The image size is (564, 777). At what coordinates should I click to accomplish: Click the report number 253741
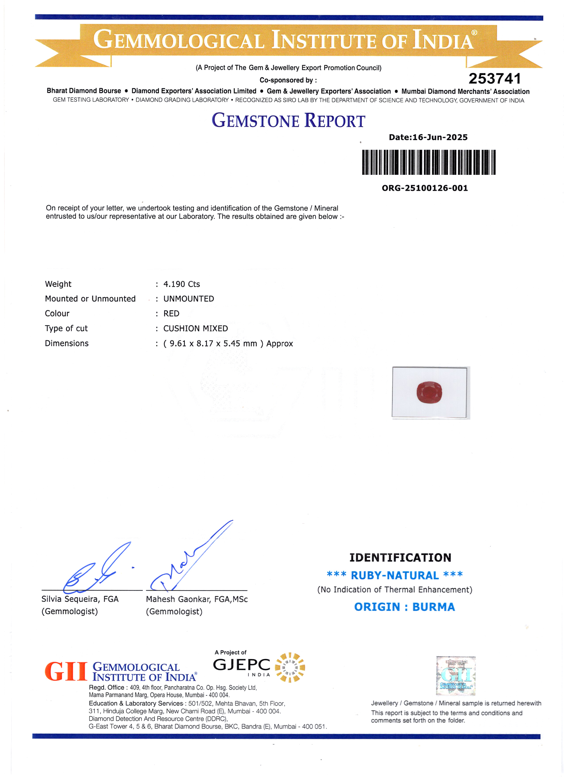[495, 79]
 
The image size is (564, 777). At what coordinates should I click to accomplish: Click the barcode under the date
[429, 162]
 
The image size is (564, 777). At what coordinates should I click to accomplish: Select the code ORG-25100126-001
[425, 188]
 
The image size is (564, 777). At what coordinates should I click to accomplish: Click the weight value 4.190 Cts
[181, 284]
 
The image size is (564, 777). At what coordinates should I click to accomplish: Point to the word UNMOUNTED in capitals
[189, 299]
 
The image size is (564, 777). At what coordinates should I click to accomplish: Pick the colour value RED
[171, 314]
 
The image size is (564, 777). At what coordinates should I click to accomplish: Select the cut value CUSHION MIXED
[195, 329]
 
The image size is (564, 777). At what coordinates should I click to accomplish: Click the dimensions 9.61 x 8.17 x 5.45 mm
[213, 343]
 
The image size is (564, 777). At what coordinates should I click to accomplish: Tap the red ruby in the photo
[429, 392]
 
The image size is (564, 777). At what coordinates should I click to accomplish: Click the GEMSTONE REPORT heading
[288, 121]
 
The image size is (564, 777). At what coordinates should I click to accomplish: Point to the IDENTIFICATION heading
[400, 557]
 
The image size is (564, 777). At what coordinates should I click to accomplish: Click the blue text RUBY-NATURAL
[394, 575]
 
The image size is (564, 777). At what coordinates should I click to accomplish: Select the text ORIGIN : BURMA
[404, 607]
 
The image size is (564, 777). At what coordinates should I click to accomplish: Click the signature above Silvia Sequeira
[97, 569]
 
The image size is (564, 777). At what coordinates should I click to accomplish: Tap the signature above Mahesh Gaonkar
[190, 559]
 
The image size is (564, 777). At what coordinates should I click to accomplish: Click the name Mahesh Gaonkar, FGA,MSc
[196, 599]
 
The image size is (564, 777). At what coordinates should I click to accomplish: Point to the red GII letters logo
[66, 672]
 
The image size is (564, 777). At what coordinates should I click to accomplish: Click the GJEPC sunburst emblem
[290, 667]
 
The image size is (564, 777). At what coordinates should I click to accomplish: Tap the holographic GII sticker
[456, 676]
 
